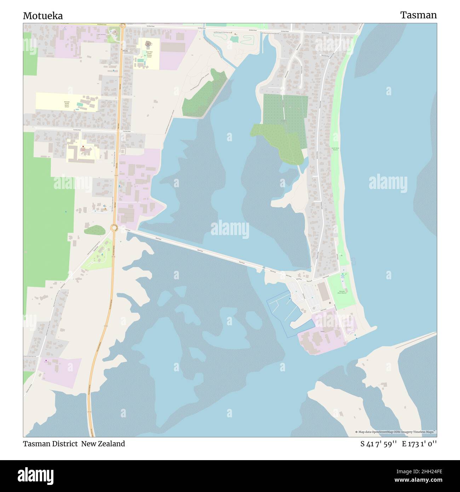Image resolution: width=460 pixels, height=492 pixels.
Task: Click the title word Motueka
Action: pos(43,16)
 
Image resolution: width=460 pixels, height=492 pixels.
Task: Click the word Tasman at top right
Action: pos(418,15)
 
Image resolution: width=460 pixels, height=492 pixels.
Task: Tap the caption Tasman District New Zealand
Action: pos(74,444)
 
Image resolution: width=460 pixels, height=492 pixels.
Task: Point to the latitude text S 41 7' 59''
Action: pos(378,444)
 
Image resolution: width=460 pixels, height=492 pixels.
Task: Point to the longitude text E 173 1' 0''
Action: pos(419,444)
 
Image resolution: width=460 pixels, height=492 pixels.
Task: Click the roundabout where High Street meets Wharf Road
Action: pos(114,228)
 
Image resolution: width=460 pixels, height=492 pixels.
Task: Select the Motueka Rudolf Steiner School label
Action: pos(67,104)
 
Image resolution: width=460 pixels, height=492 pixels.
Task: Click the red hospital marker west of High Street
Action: pos(83,147)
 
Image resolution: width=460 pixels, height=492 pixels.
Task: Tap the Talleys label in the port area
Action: pos(322,332)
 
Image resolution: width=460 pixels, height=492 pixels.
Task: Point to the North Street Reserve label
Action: pos(335,149)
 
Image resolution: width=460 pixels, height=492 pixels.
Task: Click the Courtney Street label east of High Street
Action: pos(127,131)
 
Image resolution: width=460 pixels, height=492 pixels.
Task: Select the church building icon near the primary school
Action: pos(148,45)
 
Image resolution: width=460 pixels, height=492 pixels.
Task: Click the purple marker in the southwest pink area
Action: pos(46,360)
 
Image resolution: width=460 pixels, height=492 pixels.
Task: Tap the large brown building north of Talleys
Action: pos(323,292)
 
